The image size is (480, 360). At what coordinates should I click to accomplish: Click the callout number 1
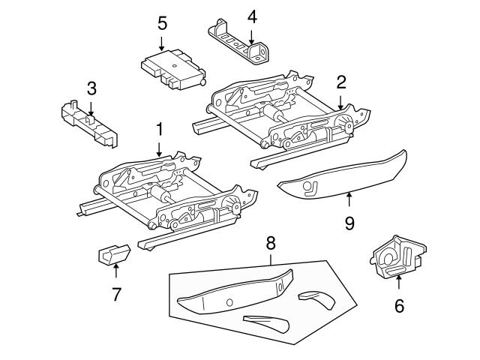coord(159,130)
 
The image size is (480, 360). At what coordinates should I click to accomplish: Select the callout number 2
coord(341,82)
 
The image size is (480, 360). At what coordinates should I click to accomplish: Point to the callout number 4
coord(252,16)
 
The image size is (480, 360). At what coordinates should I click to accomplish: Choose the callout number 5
coord(162,23)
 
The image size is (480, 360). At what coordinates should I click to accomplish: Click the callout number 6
coord(398,305)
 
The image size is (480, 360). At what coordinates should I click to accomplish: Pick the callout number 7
coord(116,295)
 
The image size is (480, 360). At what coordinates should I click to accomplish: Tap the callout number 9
coord(349,223)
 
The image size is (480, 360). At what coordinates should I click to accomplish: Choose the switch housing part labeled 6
coord(397,259)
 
